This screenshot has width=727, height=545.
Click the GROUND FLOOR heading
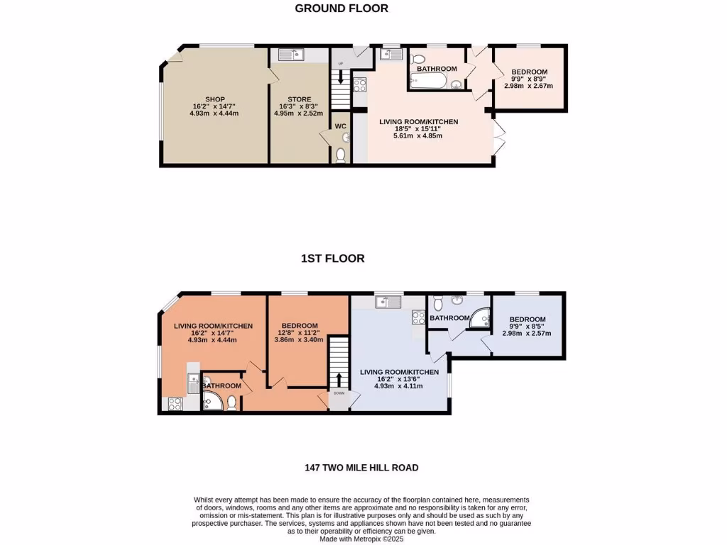(341, 9)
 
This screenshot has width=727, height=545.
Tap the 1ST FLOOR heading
(332, 258)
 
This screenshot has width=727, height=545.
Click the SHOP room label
(215, 99)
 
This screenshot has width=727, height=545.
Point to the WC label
(340, 126)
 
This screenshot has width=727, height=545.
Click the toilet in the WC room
(341, 154)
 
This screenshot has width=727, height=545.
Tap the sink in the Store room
(290, 55)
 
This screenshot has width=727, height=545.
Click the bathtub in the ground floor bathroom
(427, 83)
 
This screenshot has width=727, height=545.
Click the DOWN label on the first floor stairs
(339, 393)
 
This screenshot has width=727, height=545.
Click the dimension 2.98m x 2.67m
(528, 86)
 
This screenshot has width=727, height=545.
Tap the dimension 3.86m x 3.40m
(299, 339)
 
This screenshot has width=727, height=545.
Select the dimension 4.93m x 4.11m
(398, 386)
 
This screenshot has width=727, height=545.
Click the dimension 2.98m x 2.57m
(527, 333)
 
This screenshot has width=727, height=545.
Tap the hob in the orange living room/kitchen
(174, 404)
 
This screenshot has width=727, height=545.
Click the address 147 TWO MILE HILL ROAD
(363, 468)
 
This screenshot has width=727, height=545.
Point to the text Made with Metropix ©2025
(363, 539)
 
